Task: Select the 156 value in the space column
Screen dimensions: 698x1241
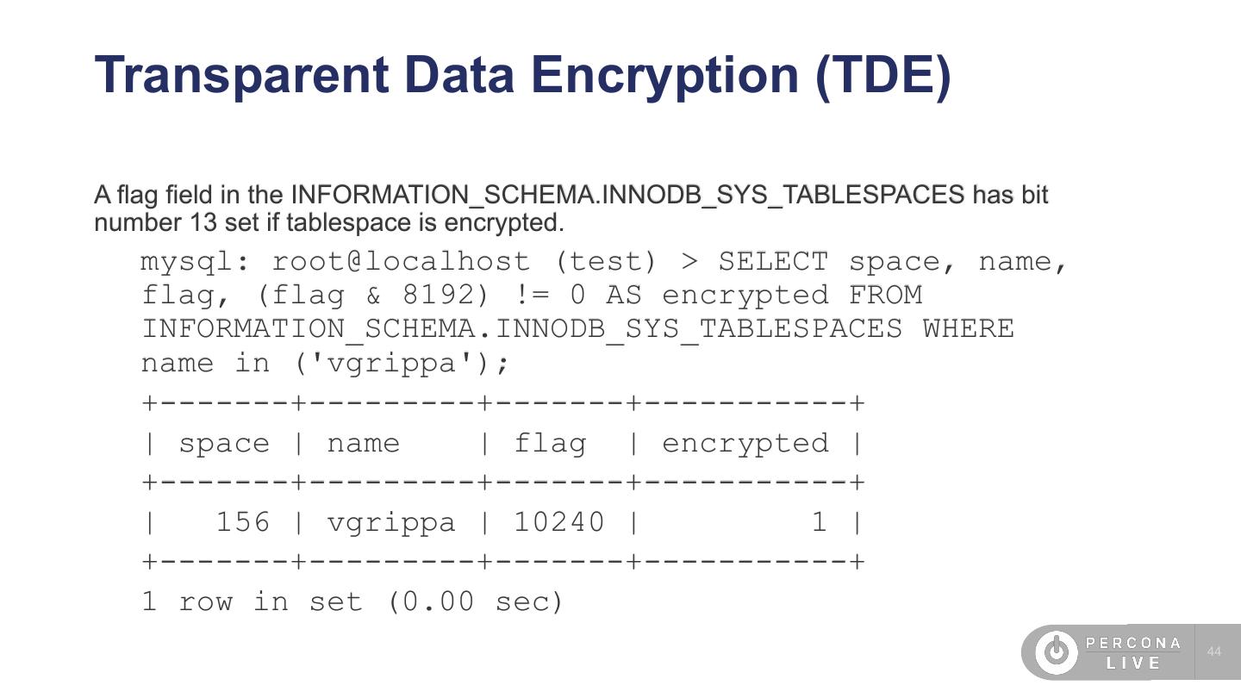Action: (x=242, y=522)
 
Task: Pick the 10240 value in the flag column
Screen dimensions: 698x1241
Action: (x=559, y=522)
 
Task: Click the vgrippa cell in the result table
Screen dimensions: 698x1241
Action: (x=391, y=522)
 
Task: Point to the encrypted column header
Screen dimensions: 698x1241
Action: (x=745, y=443)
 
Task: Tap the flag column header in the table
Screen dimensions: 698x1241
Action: (x=550, y=443)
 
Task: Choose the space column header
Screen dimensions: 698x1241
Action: (x=224, y=443)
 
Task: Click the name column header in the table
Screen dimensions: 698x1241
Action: (x=364, y=443)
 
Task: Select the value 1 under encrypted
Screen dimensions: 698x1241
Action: (x=819, y=522)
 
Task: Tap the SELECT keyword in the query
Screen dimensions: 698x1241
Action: (x=773, y=261)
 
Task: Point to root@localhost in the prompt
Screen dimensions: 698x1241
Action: (x=401, y=261)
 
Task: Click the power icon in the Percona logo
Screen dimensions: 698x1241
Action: (x=1056, y=651)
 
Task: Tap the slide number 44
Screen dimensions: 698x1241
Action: (x=1214, y=651)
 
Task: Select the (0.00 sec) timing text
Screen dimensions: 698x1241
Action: (x=475, y=601)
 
